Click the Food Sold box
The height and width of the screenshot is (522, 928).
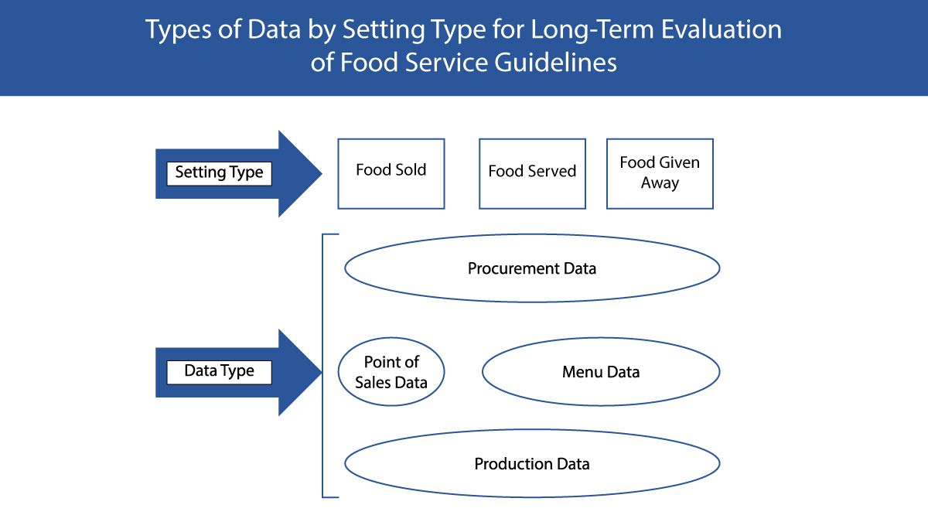coord(391,174)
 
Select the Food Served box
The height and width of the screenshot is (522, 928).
coord(532,174)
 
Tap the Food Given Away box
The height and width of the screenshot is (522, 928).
coord(660,174)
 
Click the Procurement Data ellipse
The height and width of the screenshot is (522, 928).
coord(532,268)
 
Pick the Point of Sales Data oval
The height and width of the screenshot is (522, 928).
coord(391,372)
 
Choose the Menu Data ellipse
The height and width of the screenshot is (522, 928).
coord(601,372)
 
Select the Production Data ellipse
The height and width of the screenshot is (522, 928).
coord(532,464)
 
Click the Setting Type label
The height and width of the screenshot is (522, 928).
coord(219,172)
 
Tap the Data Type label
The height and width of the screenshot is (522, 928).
coord(219,371)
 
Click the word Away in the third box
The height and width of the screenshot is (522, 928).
coord(660,183)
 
